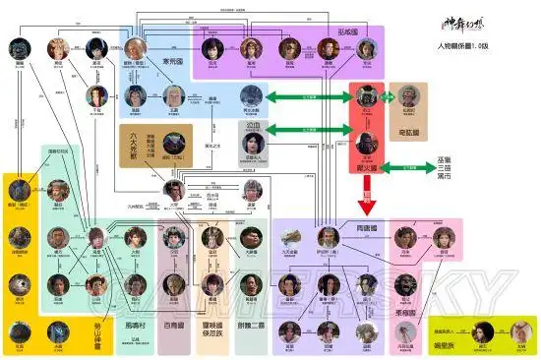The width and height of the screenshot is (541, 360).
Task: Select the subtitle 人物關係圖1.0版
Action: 475,46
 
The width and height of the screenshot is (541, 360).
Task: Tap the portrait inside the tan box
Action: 408,96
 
